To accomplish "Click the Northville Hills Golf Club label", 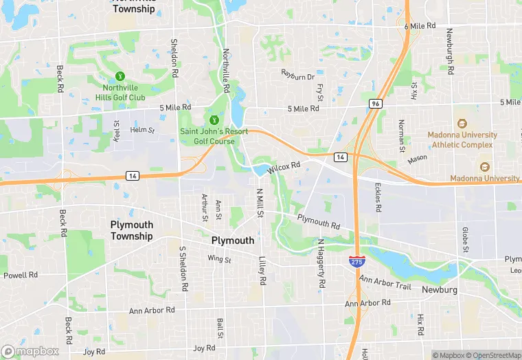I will pyautogui.click(x=124, y=93).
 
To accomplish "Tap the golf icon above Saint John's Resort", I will pyautogui.click(x=213, y=120).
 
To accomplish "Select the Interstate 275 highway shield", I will pyautogui.click(x=356, y=261).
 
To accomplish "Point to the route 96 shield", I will pyautogui.click(x=374, y=104).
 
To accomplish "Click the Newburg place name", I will pyautogui.click(x=440, y=290).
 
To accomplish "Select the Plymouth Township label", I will pyautogui.click(x=131, y=230).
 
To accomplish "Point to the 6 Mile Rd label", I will pyautogui.click(x=420, y=26).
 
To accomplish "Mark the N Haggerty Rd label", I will pyautogui.click(x=320, y=263).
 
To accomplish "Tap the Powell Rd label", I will pyautogui.click(x=21, y=275).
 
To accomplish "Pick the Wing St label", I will pyautogui.click(x=219, y=259).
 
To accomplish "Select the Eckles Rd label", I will pyautogui.click(x=378, y=197).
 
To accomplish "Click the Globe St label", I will pyautogui.click(x=465, y=240).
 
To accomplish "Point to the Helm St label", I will pyautogui.click(x=143, y=130).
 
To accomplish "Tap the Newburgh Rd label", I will pyautogui.click(x=450, y=52).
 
